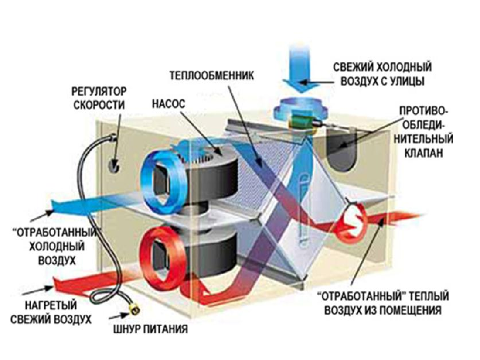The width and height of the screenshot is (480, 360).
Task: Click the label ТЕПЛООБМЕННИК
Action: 211,75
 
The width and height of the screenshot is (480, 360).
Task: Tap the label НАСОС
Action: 169,103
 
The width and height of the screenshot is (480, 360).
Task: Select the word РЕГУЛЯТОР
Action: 99,91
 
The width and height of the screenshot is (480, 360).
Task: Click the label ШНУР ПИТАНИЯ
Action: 150,329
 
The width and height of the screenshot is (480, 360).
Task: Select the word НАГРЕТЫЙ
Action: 51,305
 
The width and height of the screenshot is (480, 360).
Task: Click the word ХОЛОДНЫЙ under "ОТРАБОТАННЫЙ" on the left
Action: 57,246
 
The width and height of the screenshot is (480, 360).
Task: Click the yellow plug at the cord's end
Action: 134,309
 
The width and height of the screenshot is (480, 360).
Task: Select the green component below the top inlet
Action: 302,121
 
